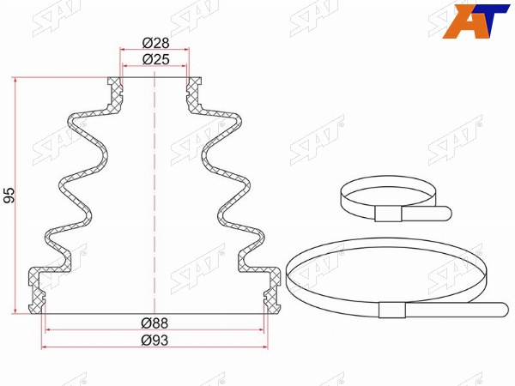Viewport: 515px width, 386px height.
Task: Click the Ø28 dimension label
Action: coord(155,43)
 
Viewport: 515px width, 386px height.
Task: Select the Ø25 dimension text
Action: coord(155,59)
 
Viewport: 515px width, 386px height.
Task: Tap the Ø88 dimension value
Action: coord(154,323)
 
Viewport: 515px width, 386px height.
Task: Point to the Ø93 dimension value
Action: coord(154,341)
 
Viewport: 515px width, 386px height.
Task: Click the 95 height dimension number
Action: coord(9,195)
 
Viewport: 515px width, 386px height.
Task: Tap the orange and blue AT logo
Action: coord(476,21)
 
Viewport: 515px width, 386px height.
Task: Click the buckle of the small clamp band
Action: coord(388,214)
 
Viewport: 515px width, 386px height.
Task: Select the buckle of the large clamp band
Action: coord(392,310)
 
